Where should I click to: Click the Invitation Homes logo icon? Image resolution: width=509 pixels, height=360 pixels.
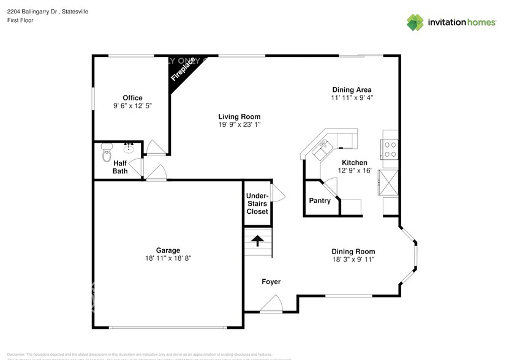coord(416,22)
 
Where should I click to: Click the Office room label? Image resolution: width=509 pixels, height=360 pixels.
coord(132,98)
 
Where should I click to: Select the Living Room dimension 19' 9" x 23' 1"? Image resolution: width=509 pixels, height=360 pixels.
coord(239,125)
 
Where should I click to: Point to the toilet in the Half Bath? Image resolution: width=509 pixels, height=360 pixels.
coord(107,150)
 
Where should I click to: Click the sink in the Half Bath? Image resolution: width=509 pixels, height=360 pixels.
coord(129,148)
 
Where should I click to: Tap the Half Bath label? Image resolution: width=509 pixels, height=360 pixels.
coord(120,167)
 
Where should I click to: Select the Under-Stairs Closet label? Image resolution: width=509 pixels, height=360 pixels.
coord(257,203)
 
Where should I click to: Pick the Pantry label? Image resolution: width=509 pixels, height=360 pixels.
coord(320,201)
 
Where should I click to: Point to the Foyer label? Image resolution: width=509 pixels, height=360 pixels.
coord(271,282)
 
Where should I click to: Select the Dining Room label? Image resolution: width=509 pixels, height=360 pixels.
coord(353,252)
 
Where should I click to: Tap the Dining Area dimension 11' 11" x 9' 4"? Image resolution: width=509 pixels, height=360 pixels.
coord(352,97)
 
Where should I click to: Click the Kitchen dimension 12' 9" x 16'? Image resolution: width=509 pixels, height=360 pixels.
coord(355,171)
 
